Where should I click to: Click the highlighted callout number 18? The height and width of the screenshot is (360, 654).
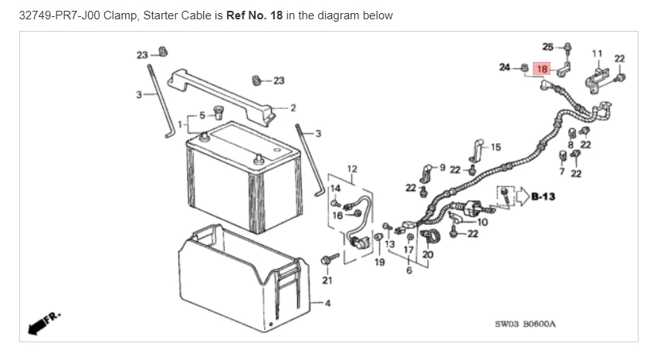(x=541, y=69)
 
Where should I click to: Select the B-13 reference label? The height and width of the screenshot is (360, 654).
(x=544, y=196)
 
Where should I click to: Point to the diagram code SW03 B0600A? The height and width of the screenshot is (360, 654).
(x=524, y=325)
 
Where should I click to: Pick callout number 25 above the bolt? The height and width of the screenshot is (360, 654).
(x=547, y=47)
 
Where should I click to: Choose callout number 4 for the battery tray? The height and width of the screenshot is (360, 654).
(x=327, y=301)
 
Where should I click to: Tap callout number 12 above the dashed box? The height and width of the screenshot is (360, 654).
(x=352, y=168)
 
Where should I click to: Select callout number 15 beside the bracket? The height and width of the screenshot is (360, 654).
(x=495, y=147)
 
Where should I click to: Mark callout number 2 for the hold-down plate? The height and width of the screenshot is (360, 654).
(x=293, y=107)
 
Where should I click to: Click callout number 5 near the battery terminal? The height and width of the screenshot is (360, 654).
(x=203, y=115)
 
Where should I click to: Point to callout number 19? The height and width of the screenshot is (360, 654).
(x=380, y=263)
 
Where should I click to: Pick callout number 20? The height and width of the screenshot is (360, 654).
(x=428, y=254)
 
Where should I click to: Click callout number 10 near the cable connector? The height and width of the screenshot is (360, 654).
(x=483, y=222)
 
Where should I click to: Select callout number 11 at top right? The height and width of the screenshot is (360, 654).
(x=596, y=53)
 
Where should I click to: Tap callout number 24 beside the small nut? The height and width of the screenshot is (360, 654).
(x=504, y=68)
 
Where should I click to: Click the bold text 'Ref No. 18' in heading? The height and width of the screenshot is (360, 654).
(x=254, y=15)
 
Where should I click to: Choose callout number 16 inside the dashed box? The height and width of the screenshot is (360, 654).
(x=337, y=216)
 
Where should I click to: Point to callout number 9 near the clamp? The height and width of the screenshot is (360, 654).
(x=442, y=166)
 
